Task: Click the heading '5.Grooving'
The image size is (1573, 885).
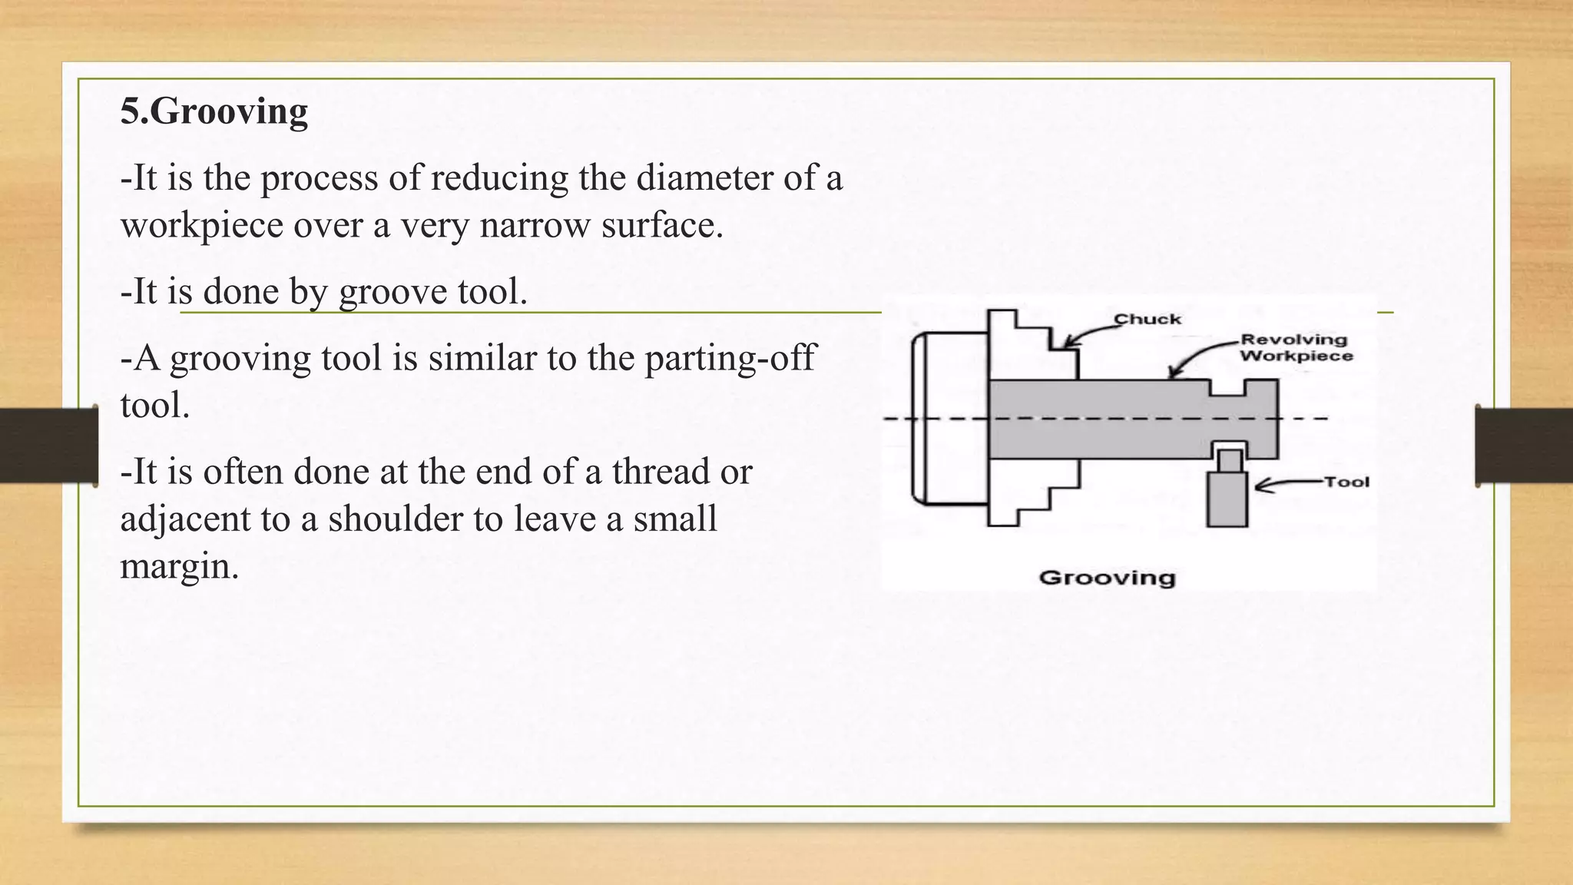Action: [x=214, y=111]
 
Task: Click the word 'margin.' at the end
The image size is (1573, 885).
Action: [x=180, y=567]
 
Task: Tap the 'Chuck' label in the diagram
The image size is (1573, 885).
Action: [x=1147, y=320]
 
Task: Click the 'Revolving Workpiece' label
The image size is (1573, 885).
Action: [x=1296, y=348]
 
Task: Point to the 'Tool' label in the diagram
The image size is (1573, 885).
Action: [x=1346, y=482]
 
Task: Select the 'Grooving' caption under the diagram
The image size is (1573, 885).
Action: [x=1107, y=578]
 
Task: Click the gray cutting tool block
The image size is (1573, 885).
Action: [x=1226, y=499]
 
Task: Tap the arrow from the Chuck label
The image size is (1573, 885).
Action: [x=1091, y=335]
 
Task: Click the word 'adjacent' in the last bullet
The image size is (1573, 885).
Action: [x=185, y=519]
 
